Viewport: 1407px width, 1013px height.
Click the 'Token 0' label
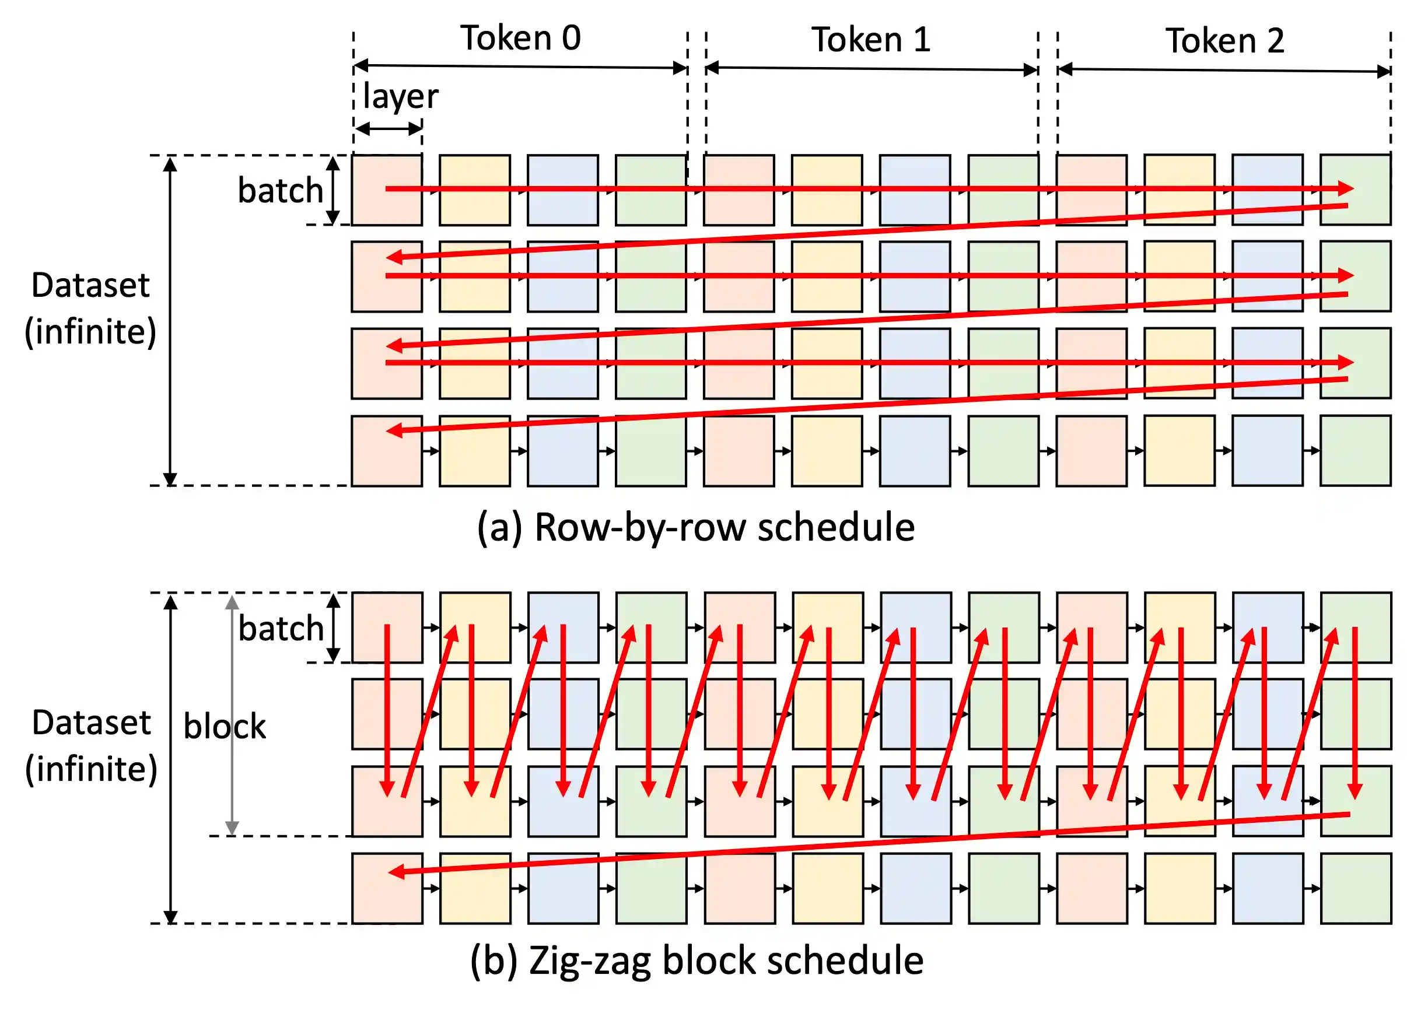(520, 38)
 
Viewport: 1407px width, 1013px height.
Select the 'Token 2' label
(1224, 41)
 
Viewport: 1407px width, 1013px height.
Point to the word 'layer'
(400, 97)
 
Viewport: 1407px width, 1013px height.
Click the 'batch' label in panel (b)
(281, 629)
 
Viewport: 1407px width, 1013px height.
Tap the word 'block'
(225, 727)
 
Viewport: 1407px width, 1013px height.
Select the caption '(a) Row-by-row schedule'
(695, 527)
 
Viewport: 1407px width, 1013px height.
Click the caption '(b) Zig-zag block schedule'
(696, 961)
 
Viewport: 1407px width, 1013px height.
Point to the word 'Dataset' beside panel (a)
(90, 285)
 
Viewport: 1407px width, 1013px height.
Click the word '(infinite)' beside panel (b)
(91, 769)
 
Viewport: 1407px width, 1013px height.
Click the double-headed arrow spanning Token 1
(871, 69)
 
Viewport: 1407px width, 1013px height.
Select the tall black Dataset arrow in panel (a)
(170, 321)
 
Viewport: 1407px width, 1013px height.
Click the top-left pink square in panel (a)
(387, 190)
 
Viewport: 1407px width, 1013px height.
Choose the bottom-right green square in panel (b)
(1356, 888)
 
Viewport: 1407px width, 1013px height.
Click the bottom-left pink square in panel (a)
(387, 451)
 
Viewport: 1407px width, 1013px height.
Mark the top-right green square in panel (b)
(1356, 628)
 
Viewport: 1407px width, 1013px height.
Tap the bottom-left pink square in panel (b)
(387, 888)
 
